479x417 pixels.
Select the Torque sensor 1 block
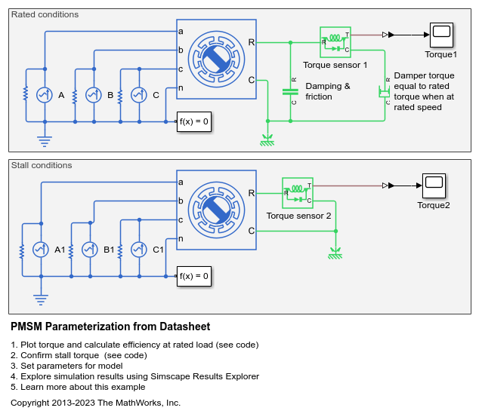coord(335,42)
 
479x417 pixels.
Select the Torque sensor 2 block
coord(297,192)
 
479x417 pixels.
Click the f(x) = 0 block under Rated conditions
coord(193,121)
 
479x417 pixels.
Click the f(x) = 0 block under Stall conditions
coord(193,276)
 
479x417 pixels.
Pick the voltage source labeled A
coord(45,95)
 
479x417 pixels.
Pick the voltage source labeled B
coord(93,95)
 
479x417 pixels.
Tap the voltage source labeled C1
coord(138,250)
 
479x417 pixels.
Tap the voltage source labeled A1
coord(42,250)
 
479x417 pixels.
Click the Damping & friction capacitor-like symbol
coord(290,91)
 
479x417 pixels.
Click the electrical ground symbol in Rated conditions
coord(45,140)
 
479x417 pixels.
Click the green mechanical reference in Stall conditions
coord(335,254)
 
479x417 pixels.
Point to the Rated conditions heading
coord(45,14)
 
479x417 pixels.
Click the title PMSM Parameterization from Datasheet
coord(110,327)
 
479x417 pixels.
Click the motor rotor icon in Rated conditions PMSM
coord(217,59)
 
